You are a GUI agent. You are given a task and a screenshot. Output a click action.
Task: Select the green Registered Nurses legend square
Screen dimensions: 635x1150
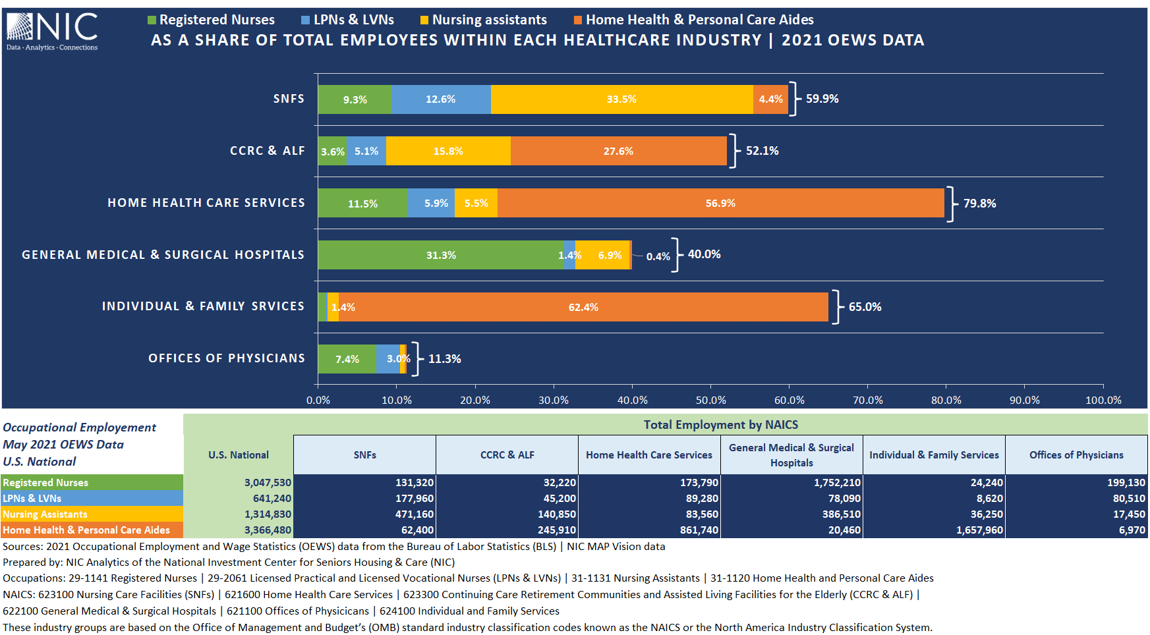152,20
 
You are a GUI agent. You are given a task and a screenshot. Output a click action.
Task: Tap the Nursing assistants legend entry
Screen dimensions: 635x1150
484,20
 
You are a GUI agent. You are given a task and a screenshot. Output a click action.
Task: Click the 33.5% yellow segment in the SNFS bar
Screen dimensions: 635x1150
621,99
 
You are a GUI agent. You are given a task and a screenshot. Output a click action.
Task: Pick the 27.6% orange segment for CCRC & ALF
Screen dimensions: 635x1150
618,152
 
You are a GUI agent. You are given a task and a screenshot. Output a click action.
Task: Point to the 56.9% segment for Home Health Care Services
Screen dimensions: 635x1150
720,203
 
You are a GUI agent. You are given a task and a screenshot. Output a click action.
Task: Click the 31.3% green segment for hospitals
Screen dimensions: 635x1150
440,255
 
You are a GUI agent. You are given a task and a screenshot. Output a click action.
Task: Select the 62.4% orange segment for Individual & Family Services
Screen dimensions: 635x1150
583,307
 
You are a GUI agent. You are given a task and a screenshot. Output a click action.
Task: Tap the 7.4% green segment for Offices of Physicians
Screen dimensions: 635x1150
347,359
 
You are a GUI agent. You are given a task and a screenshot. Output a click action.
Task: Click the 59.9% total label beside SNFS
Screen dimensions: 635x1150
822,99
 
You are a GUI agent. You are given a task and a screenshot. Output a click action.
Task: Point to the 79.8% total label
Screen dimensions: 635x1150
979,204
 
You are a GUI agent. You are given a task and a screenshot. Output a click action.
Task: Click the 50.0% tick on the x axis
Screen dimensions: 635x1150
710,400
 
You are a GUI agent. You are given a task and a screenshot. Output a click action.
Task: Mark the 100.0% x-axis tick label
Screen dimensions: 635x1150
1103,400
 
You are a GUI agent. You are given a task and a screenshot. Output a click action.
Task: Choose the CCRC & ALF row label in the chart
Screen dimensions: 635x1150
267,151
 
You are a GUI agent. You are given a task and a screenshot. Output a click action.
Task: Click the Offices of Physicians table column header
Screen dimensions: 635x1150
1076,455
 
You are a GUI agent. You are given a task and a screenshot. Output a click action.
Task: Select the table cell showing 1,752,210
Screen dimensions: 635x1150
837,483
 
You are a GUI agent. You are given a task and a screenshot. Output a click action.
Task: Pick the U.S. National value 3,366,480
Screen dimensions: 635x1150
268,530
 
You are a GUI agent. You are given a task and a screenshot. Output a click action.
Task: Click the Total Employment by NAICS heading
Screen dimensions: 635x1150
720,425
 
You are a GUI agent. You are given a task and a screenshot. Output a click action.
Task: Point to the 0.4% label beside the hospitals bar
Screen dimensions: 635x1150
658,257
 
